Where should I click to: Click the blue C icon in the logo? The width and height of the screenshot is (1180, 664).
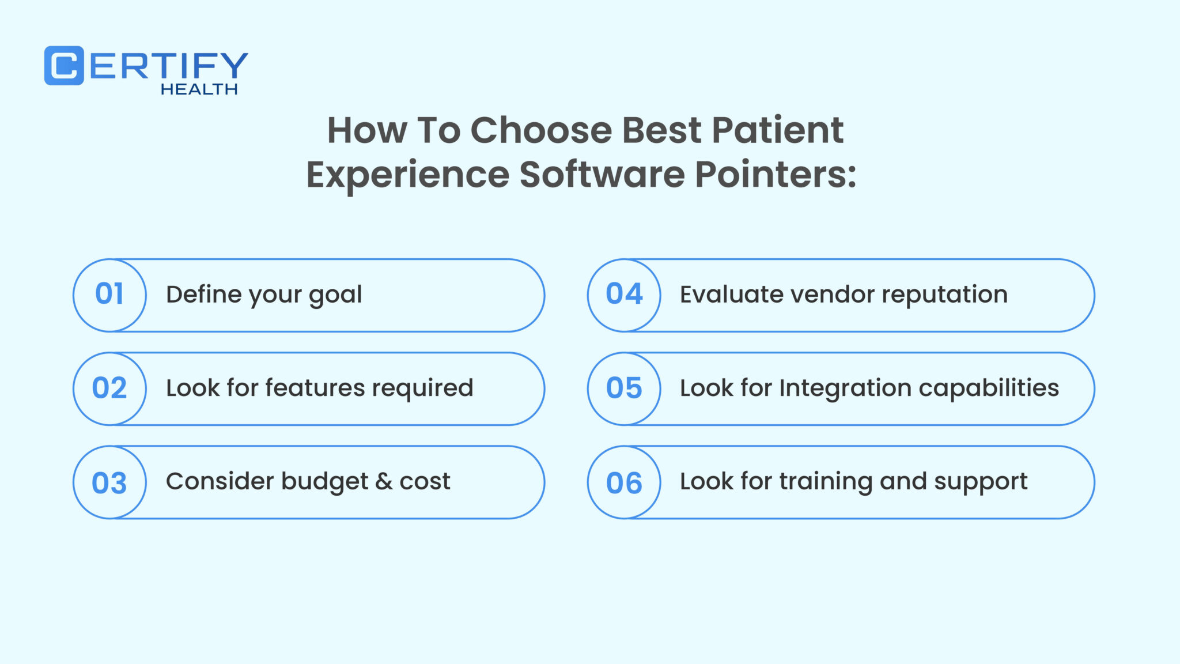point(64,66)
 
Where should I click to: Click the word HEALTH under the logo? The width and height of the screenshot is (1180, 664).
point(199,89)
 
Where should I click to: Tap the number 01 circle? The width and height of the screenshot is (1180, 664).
point(109,295)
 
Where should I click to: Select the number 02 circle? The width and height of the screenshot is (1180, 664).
point(109,388)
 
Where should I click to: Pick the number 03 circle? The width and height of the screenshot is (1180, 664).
point(109,482)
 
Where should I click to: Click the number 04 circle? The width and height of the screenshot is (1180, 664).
point(624,295)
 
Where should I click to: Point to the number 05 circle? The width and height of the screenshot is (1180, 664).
point(624,388)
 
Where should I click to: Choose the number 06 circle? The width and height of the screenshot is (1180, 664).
point(624,482)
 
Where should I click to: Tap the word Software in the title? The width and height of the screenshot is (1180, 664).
point(602,174)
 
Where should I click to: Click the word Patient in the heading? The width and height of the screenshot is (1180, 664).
point(777,130)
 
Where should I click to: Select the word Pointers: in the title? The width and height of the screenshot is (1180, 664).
point(776,174)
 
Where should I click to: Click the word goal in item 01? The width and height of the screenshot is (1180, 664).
point(335,296)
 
